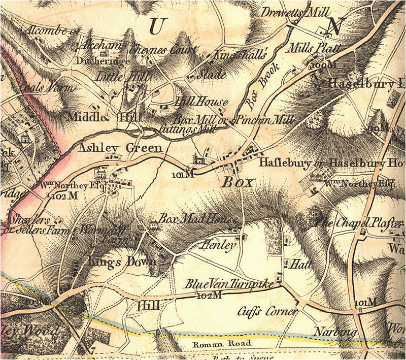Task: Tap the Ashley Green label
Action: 120,148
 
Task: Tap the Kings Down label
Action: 113,263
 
